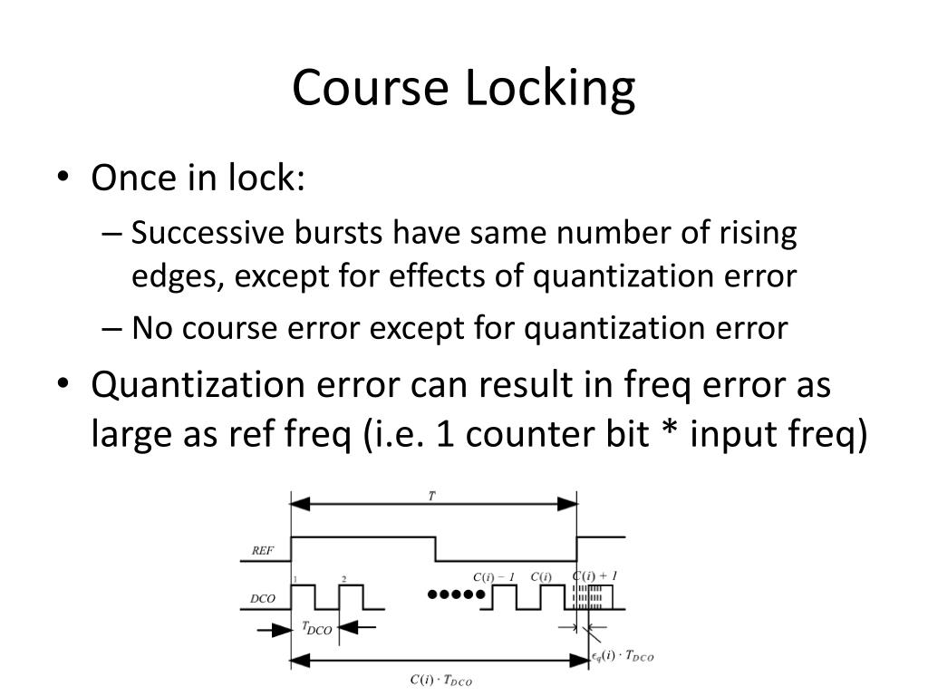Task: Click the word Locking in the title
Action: (x=550, y=91)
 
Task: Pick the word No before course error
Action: (x=151, y=327)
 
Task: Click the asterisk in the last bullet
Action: (x=666, y=436)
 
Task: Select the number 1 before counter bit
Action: (x=444, y=436)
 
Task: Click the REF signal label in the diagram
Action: (x=263, y=550)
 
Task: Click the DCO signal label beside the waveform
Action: (x=263, y=599)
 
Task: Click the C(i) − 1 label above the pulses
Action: (x=494, y=577)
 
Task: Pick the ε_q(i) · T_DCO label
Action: (x=623, y=656)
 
